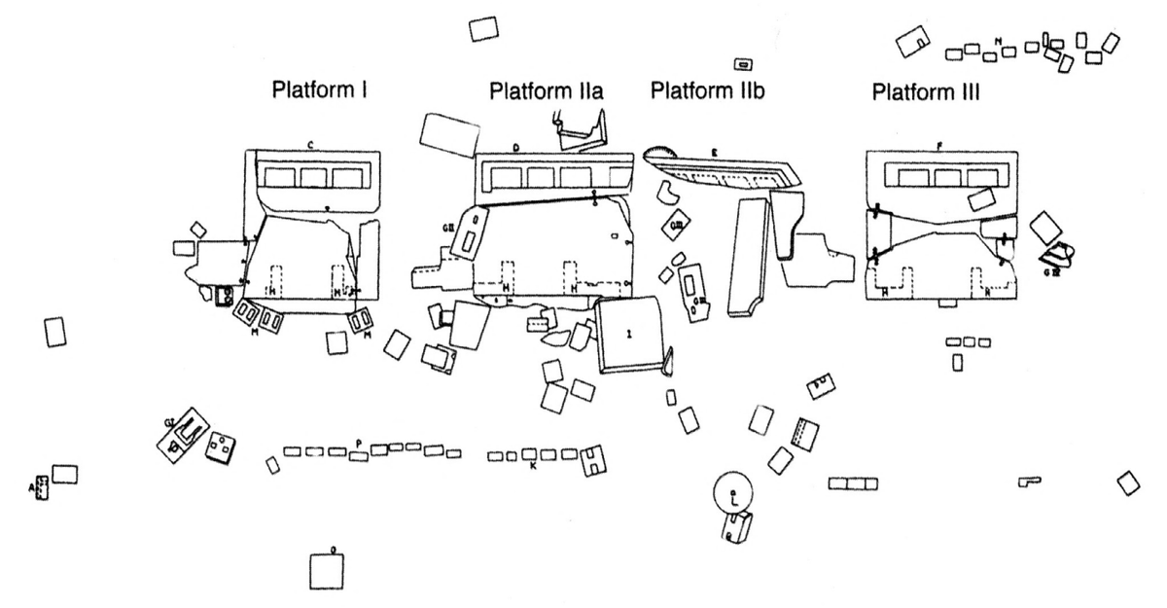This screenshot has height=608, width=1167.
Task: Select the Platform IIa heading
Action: click(547, 92)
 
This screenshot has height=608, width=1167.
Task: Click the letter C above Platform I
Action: click(309, 145)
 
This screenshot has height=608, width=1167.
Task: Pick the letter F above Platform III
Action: click(939, 145)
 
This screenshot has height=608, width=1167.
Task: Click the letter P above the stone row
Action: click(359, 443)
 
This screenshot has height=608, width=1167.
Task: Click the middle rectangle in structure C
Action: click(314, 176)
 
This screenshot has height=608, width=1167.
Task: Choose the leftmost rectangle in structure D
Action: click(504, 176)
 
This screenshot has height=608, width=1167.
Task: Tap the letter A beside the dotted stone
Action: click(32, 485)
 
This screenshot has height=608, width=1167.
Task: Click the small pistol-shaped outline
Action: click(1029, 481)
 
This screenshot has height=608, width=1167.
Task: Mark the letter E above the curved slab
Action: click(714, 152)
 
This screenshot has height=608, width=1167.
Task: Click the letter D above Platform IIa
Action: click(516, 147)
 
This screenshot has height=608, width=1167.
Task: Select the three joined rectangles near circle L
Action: click(853, 483)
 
